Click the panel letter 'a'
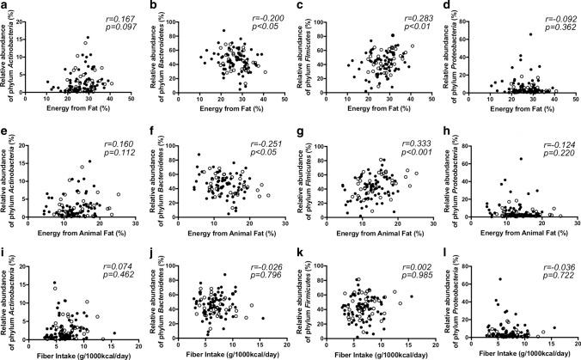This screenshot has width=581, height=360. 5,6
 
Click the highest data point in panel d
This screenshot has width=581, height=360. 505,34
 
